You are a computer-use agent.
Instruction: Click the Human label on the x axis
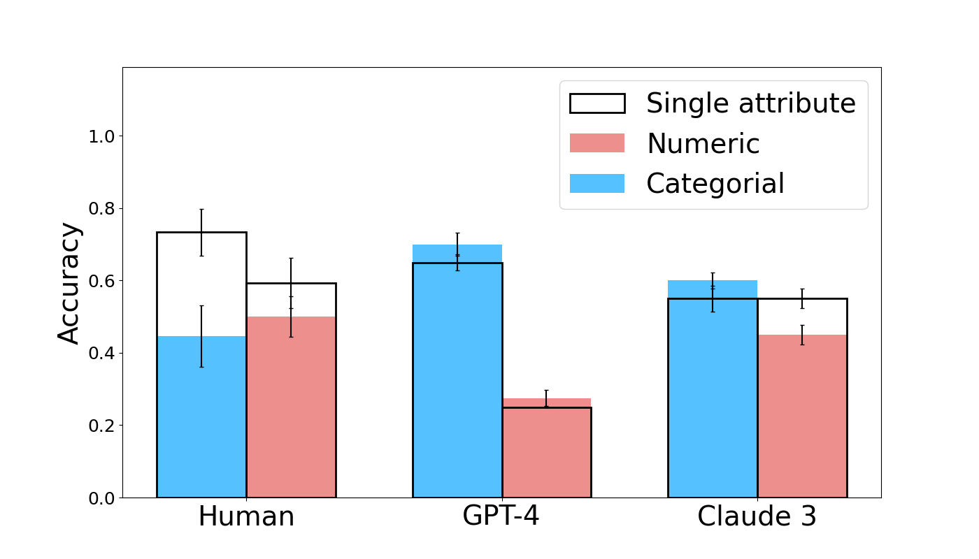coord(246,517)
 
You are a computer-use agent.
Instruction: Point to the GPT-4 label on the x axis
coord(501,517)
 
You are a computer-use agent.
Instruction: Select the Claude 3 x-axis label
coord(757,517)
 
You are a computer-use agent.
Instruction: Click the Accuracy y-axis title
coord(69,283)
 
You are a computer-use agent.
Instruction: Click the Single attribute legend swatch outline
coord(597,103)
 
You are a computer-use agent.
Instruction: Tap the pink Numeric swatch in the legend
coord(597,143)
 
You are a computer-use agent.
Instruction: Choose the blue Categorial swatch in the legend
coord(597,183)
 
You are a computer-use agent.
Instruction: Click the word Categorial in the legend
coord(715,184)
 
